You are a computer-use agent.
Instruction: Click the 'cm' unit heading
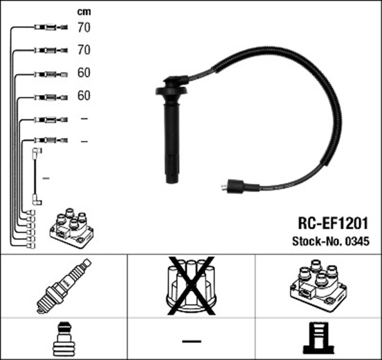pyautogui.click(x=84, y=12)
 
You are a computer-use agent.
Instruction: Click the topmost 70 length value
pyautogui.click(x=84, y=27)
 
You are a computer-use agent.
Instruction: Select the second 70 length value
pyautogui.click(x=84, y=50)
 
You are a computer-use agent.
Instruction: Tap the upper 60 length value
pyautogui.click(x=84, y=73)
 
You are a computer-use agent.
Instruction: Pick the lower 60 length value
pyautogui.click(x=84, y=96)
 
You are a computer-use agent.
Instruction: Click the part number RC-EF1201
pyautogui.click(x=333, y=223)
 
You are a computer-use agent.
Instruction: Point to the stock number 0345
pyautogui.click(x=358, y=241)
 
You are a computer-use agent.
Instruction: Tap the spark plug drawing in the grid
pyautogui.click(x=64, y=286)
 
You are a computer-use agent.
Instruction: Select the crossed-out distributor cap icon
pyautogui.click(x=191, y=285)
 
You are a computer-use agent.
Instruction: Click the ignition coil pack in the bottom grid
pyautogui.click(x=318, y=286)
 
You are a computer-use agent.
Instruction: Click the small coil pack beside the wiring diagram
pyautogui.click(x=72, y=228)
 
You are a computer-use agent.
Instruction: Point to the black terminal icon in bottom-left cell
pyautogui.click(x=64, y=339)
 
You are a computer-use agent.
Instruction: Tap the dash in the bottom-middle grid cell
pyautogui.click(x=192, y=341)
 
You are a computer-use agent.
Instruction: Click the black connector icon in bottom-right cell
pyautogui.click(x=319, y=339)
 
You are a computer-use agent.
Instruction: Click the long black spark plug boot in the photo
pyautogui.click(x=172, y=129)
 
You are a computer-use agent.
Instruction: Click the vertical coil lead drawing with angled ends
pyautogui.click(x=37, y=177)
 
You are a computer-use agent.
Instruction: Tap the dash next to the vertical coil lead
pyautogui.click(x=46, y=179)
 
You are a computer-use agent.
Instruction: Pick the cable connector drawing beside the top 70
pyautogui.click(x=51, y=27)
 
